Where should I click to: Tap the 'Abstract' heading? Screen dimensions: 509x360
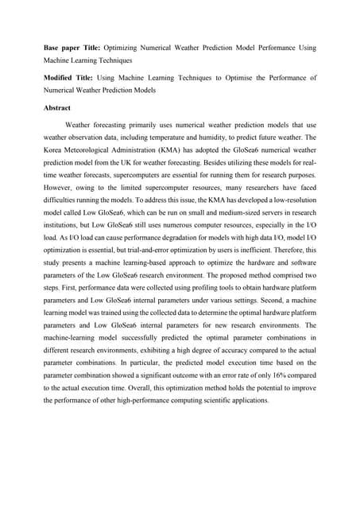point(58,107)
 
